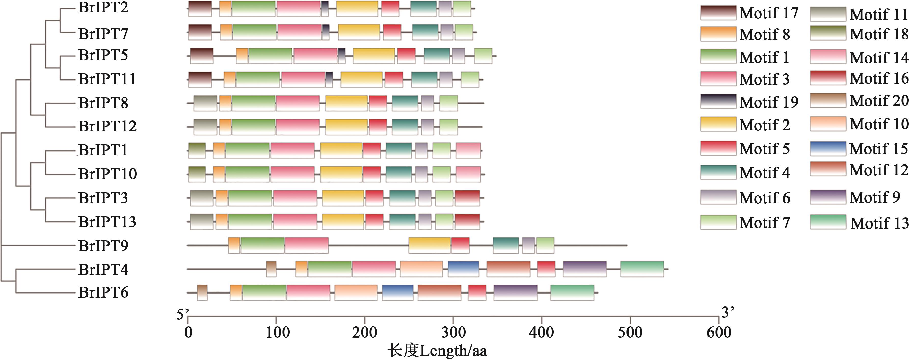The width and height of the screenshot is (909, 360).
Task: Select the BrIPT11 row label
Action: pos(107,79)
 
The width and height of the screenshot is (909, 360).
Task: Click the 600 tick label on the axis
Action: pos(719,332)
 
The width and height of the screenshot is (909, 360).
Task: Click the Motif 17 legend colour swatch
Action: pos(718,13)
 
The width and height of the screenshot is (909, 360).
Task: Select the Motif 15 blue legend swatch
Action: pos(828,149)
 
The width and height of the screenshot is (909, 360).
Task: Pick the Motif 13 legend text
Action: pos(879,223)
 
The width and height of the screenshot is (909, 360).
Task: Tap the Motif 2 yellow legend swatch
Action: pos(718,124)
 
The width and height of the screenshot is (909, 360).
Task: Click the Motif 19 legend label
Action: pos(769,102)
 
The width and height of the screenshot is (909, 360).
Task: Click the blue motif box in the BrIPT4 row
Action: pos(463,269)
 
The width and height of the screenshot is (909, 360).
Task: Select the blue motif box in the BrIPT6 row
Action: pos(398,292)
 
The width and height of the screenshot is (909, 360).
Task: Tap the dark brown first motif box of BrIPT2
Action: pos(200,8)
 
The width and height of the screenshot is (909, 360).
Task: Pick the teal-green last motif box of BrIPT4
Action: pos(642,269)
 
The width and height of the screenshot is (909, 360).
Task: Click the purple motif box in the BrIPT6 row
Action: pos(516,292)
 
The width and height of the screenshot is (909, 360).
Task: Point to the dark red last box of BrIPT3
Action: pos(467,198)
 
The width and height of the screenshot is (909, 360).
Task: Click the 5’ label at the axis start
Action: pos(182,314)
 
